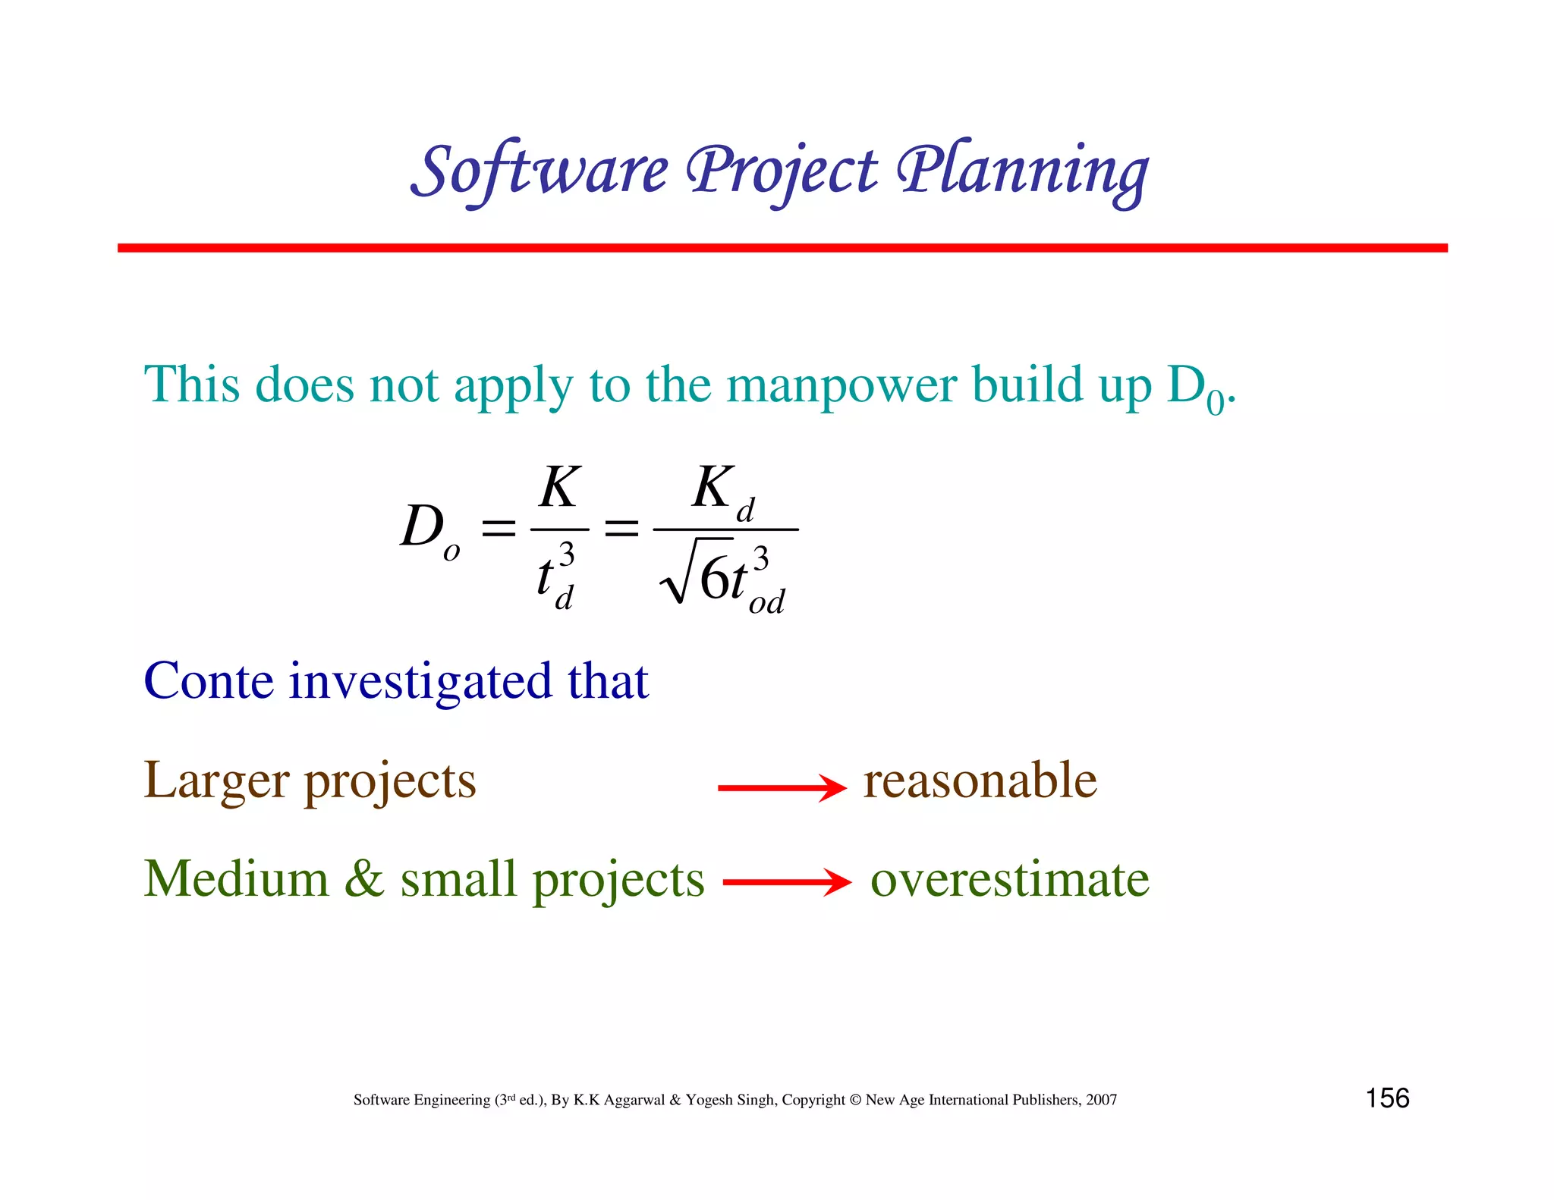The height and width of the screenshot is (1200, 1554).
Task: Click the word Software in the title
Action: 540,171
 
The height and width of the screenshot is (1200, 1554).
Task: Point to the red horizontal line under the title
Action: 782,248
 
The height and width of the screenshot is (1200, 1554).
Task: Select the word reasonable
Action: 980,781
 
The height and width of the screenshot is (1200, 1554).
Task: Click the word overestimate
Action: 1009,880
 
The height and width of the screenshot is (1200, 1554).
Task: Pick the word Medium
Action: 236,880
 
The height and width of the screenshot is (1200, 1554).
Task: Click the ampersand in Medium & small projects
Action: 364,880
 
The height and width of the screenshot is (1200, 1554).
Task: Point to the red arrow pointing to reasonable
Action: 782,788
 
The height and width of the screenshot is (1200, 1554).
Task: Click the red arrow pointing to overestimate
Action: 787,882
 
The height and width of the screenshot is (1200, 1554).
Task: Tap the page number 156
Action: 1387,1098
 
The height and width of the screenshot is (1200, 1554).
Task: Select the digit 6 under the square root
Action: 713,579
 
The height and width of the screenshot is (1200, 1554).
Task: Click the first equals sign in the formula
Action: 499,528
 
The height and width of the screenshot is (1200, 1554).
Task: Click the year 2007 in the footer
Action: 1101,1100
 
